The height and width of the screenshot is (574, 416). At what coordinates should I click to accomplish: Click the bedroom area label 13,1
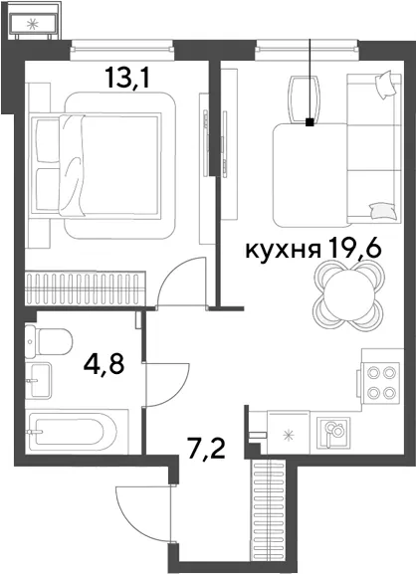point(127,78)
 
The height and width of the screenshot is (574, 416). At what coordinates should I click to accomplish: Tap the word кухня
point(283,251)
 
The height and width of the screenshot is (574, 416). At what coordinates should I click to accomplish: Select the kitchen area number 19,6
point(355,248)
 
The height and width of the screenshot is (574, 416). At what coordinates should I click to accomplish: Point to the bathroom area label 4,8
point(104,364)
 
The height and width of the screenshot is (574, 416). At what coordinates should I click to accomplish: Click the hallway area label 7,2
point(206,449)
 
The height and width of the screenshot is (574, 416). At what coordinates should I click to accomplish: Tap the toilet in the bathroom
point(49,341)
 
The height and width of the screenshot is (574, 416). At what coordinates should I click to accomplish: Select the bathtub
point(77,432)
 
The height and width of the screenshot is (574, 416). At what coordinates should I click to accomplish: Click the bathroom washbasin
point(39,381)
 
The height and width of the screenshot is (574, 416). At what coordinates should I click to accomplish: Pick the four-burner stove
point(380,383)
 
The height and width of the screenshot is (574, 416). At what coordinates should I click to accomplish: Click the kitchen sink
point(333,432)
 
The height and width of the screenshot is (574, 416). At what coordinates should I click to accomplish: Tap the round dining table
point(349,295)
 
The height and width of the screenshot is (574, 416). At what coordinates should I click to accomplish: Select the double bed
point(97,165)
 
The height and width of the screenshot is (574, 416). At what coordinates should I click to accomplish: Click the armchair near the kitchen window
point(304,98)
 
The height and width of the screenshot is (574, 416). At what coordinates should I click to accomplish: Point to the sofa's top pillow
point(385,85)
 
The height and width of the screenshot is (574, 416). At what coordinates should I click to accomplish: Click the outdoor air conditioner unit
point(33,24)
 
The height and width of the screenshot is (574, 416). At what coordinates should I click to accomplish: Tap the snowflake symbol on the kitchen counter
point(290,436)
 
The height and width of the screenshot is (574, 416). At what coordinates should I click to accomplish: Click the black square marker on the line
point(310,122)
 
